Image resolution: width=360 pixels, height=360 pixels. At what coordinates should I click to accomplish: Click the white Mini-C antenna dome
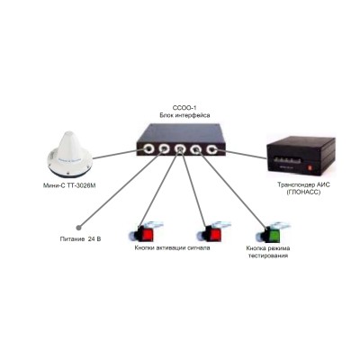click(69, 154)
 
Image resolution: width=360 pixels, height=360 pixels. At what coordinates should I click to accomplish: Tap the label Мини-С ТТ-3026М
click(69, 186)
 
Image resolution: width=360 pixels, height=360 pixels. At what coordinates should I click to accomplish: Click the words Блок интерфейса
click(184, 115)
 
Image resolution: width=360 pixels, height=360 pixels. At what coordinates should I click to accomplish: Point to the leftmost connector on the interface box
click(148, 148)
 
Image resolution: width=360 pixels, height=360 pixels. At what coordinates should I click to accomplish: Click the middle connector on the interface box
click(180, 148)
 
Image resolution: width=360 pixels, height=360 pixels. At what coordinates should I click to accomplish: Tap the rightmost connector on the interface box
click(211, 148)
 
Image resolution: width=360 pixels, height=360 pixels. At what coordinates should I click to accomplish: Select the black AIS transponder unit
click(301, 156)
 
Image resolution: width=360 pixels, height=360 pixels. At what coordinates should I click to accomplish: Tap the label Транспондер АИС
click(303, 185)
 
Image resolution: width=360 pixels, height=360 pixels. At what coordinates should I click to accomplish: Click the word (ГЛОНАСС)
click(303, 192)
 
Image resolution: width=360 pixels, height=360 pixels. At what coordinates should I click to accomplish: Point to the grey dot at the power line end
click(79, 228)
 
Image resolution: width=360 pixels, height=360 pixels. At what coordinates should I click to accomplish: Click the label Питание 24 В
click(80, 239)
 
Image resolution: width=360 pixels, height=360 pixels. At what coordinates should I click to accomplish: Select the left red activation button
click(147, 233)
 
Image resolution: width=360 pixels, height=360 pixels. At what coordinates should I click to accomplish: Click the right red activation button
click(214, 233)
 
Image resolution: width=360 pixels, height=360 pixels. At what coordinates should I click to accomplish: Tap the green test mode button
click(274, 233)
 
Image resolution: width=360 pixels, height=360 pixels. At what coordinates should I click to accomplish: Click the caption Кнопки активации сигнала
click(172, 248)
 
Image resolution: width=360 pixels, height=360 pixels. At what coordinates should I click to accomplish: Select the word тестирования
click(267, 256)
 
